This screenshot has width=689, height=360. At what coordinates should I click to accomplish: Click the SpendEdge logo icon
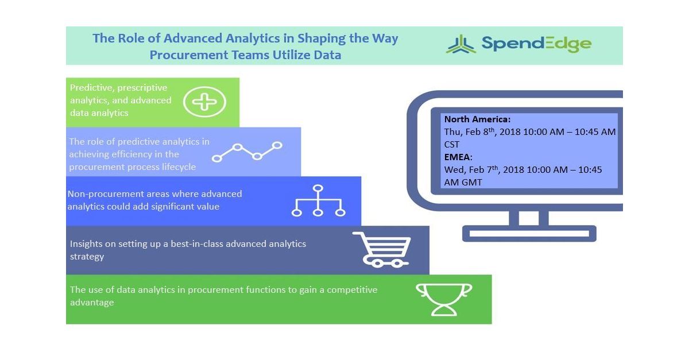[460, 44]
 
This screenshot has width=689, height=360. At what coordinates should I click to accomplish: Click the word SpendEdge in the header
[536, 44]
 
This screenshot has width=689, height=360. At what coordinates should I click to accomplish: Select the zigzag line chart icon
[247, 151]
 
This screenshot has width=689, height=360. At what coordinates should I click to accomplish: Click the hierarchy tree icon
[318, 200]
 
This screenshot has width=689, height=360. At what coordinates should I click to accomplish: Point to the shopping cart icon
[382, 249]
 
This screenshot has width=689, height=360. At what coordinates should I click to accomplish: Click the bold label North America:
[477, 119]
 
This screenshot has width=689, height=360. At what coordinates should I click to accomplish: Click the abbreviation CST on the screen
[452, 145]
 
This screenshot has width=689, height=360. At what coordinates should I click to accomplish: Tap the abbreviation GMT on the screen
[470, 183]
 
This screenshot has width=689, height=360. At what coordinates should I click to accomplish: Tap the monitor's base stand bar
[529, 234]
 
